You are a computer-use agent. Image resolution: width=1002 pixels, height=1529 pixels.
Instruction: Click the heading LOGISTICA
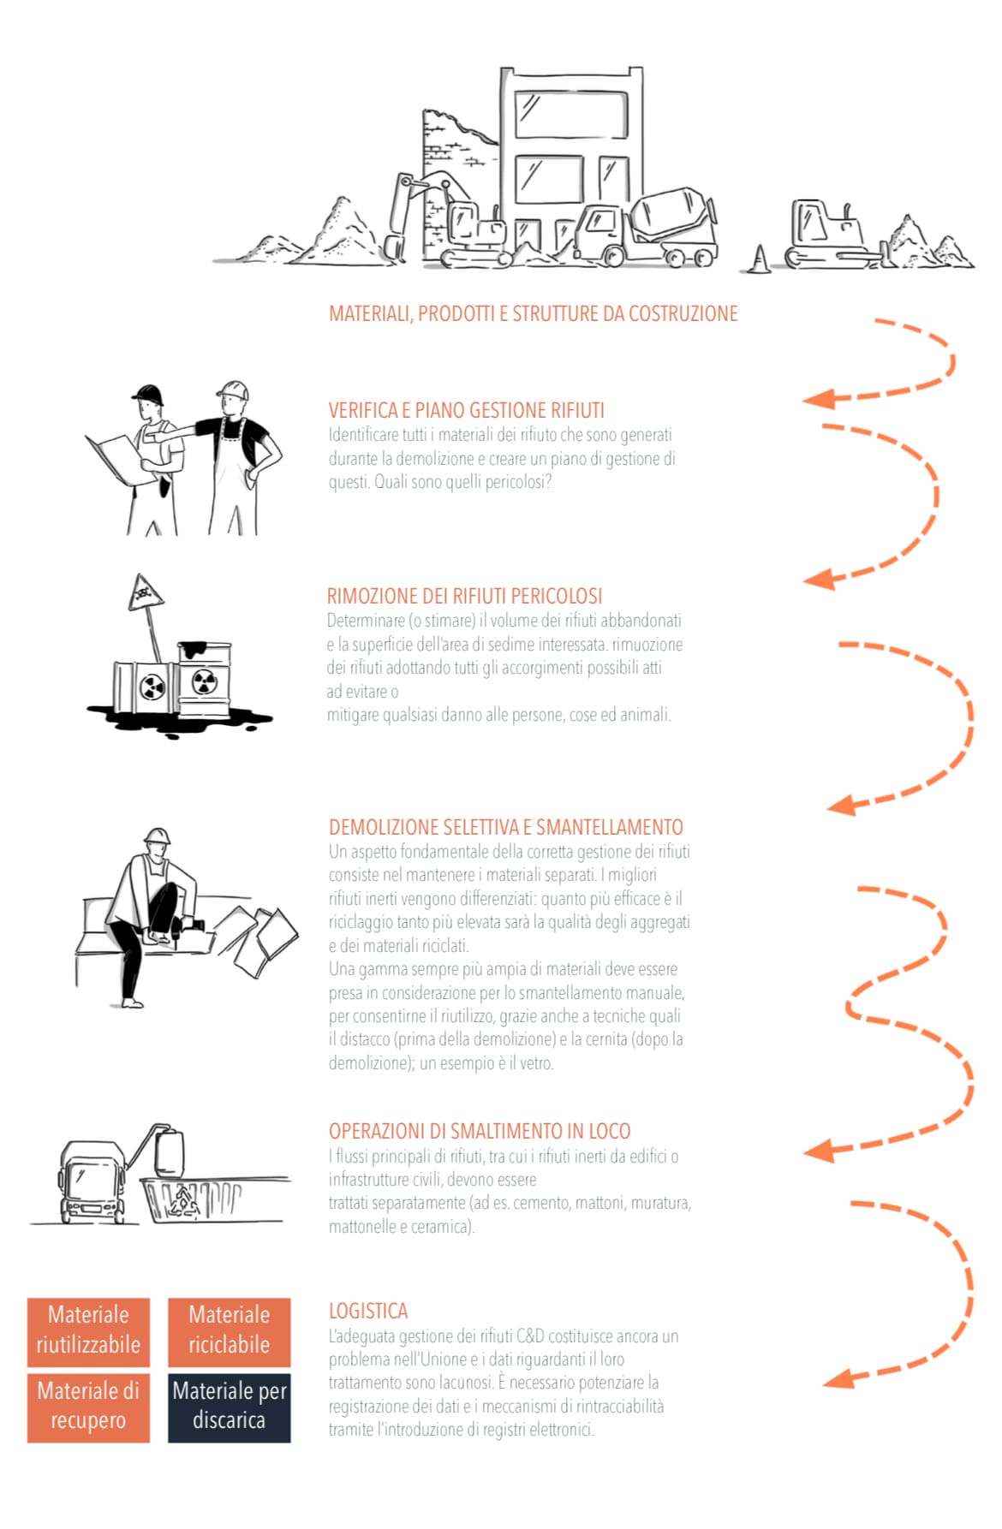coord(368,1311)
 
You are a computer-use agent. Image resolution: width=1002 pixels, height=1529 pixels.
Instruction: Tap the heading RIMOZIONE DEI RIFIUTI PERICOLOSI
coord(464,596)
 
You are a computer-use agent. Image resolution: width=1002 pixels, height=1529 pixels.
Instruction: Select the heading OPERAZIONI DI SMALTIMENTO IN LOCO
coord(480,1131)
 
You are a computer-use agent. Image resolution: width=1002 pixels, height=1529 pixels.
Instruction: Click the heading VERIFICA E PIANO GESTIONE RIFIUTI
coord(467,410)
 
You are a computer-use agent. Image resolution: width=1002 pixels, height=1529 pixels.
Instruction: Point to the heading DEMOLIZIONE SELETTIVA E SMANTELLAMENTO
coord(506,827)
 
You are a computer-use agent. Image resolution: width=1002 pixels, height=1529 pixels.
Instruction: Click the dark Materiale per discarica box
coord(229,1407)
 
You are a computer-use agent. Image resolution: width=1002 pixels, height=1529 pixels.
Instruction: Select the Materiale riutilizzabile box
coord(88,1332)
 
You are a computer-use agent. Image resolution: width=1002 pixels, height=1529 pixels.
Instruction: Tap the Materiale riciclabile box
coord(229,1332)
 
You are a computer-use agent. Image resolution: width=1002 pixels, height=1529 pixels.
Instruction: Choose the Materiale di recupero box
coord(88,1407)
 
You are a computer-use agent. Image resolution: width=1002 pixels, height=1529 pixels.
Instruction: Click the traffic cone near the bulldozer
coord(759,259)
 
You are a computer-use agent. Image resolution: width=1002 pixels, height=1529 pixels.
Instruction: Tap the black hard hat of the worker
coord(148,394)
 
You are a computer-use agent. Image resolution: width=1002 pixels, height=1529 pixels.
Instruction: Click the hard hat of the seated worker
coord(157,836)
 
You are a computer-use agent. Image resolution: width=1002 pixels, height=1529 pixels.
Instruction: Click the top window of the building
coord(571,115)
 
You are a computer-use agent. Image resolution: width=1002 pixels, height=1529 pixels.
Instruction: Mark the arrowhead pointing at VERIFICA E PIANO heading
coord(818,398)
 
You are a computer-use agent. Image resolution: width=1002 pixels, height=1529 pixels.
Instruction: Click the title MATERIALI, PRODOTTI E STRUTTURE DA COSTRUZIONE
coord(534,313)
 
